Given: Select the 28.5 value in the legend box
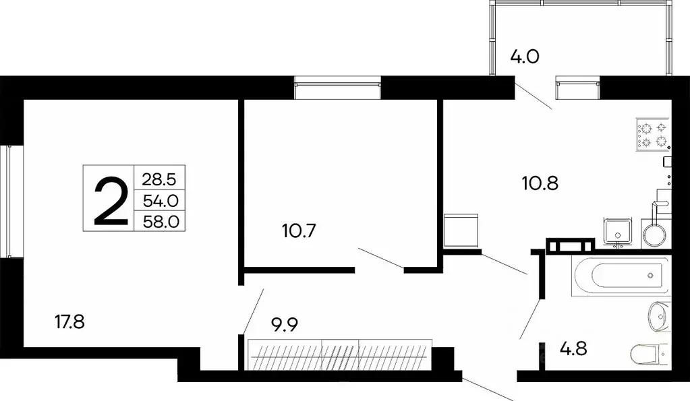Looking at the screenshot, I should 160,180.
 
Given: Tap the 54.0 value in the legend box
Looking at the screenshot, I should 160,201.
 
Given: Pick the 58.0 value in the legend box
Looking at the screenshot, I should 160,221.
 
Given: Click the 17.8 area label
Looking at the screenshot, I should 69,321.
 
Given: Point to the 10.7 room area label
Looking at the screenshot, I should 298,230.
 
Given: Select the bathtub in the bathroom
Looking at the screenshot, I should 621,276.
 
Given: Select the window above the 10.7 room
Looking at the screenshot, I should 338,90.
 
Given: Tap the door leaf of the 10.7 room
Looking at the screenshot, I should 380,258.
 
